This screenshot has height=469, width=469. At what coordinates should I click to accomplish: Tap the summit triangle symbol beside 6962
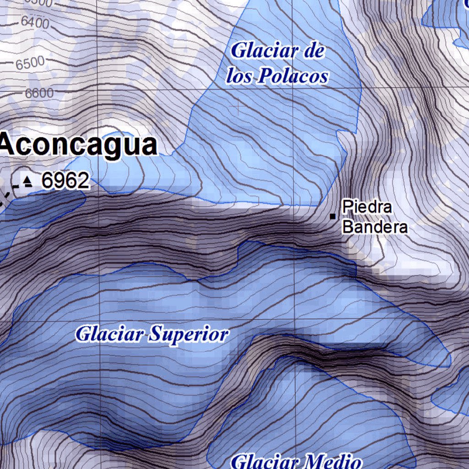(28, 182)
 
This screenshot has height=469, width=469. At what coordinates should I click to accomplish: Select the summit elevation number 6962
(65, 181)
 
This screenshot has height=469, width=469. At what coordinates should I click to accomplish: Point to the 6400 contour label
(34, 22)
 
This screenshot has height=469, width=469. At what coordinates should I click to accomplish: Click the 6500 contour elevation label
(30, 63)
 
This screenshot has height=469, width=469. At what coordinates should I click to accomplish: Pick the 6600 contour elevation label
(39, 93)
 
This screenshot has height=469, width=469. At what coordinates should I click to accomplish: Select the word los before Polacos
(240, 76)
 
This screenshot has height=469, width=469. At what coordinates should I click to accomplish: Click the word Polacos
(293, 76)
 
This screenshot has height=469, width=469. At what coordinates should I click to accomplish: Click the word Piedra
(367, 207)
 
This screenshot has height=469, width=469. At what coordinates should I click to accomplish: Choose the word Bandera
(375, 227)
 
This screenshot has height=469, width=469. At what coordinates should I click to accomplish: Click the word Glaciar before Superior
(109, 334)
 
